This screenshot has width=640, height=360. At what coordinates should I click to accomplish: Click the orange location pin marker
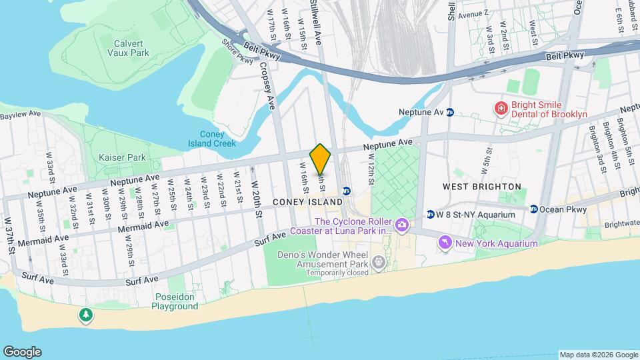(320, 159)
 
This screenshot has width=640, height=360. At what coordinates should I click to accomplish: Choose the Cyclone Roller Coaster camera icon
(401, 225)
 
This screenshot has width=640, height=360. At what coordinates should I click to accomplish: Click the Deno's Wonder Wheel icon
(379, 263)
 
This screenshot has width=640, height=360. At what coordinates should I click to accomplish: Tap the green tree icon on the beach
(85, 315)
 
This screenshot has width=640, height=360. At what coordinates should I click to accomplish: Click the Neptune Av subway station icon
(451, 113)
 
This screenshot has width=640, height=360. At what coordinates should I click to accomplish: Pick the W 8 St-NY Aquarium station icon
(431, 215)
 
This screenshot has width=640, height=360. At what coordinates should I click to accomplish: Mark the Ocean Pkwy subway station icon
(534, 209)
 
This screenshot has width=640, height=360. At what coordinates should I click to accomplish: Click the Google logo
(22, 351)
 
